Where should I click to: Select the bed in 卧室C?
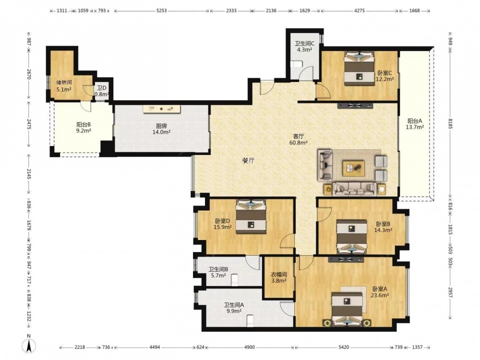(359, 68)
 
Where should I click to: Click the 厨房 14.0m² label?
(161, 129)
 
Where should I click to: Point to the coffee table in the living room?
(354, 168)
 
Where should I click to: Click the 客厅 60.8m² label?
(299, 139)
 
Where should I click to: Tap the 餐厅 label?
(248, 161)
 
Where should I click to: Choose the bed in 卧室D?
(251, 217)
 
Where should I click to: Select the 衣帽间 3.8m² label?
(278, 277)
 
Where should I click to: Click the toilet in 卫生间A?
(251, 321)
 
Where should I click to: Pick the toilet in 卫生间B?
(235, 280)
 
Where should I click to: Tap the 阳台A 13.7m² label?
(415, 124)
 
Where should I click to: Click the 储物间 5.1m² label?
(64, 86)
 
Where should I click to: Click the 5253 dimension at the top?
(162, 11)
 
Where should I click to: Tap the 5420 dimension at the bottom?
(344, 347)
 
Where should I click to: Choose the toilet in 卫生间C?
(296, 64)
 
